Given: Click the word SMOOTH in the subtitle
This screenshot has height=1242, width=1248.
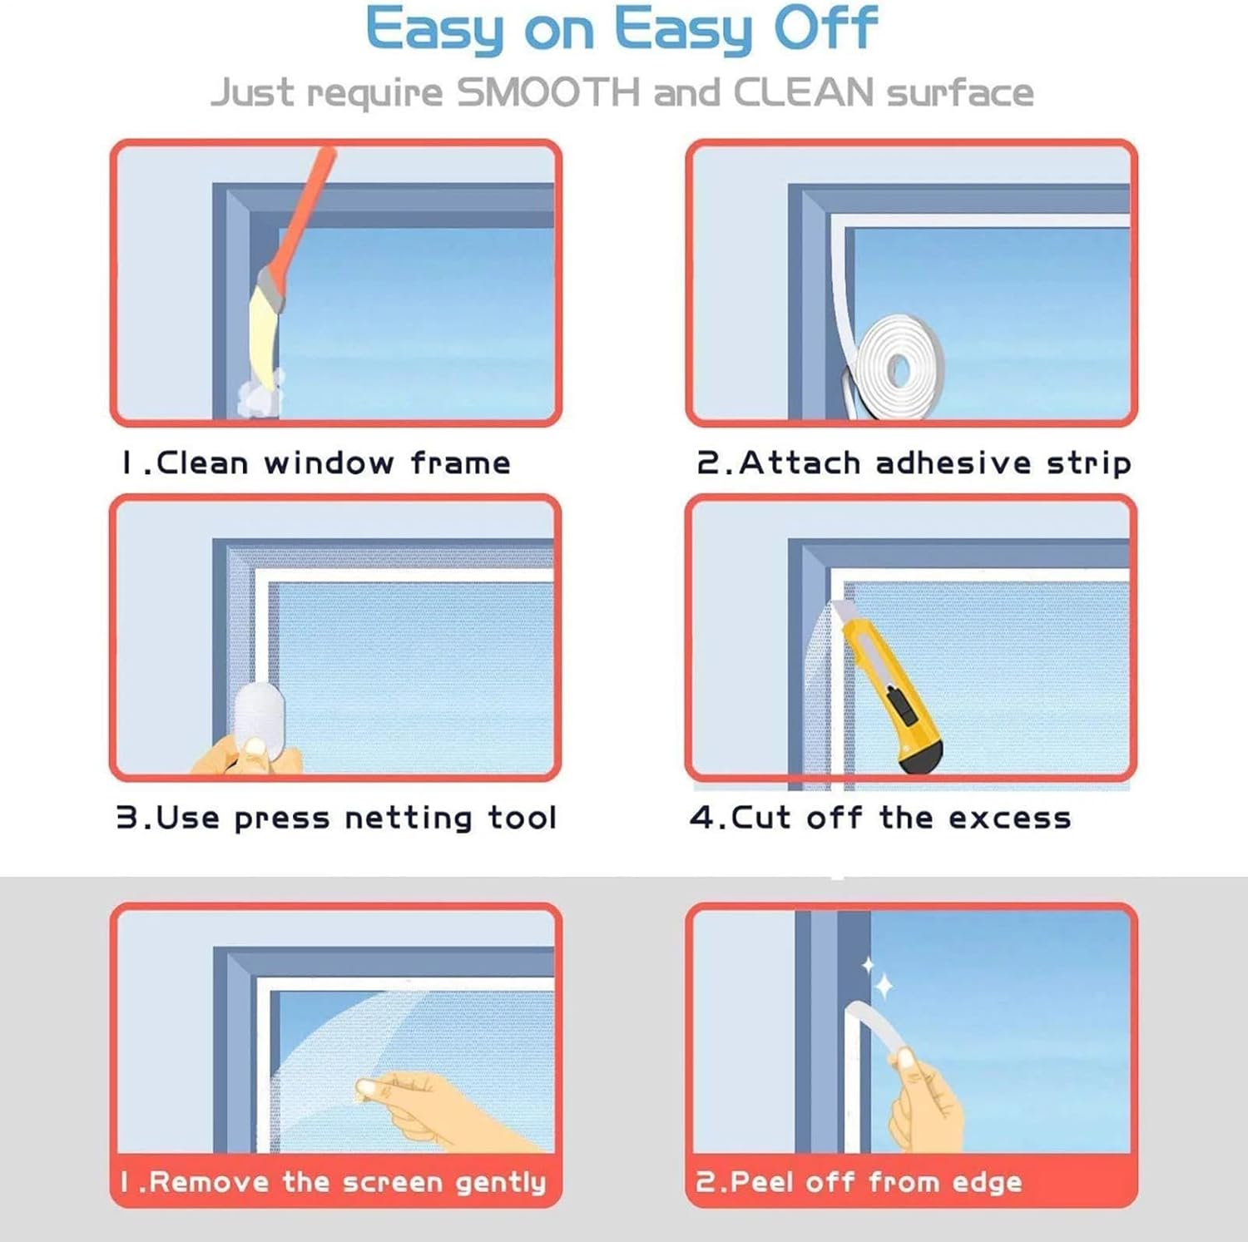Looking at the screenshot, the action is point(548,92).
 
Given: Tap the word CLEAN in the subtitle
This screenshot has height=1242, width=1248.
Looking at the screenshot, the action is point(802,92).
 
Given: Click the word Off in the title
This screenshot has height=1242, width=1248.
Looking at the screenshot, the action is point(825,29).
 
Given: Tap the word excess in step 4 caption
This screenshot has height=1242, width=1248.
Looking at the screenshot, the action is point(1009,819).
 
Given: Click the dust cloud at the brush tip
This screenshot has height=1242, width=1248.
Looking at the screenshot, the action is point(260,396).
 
